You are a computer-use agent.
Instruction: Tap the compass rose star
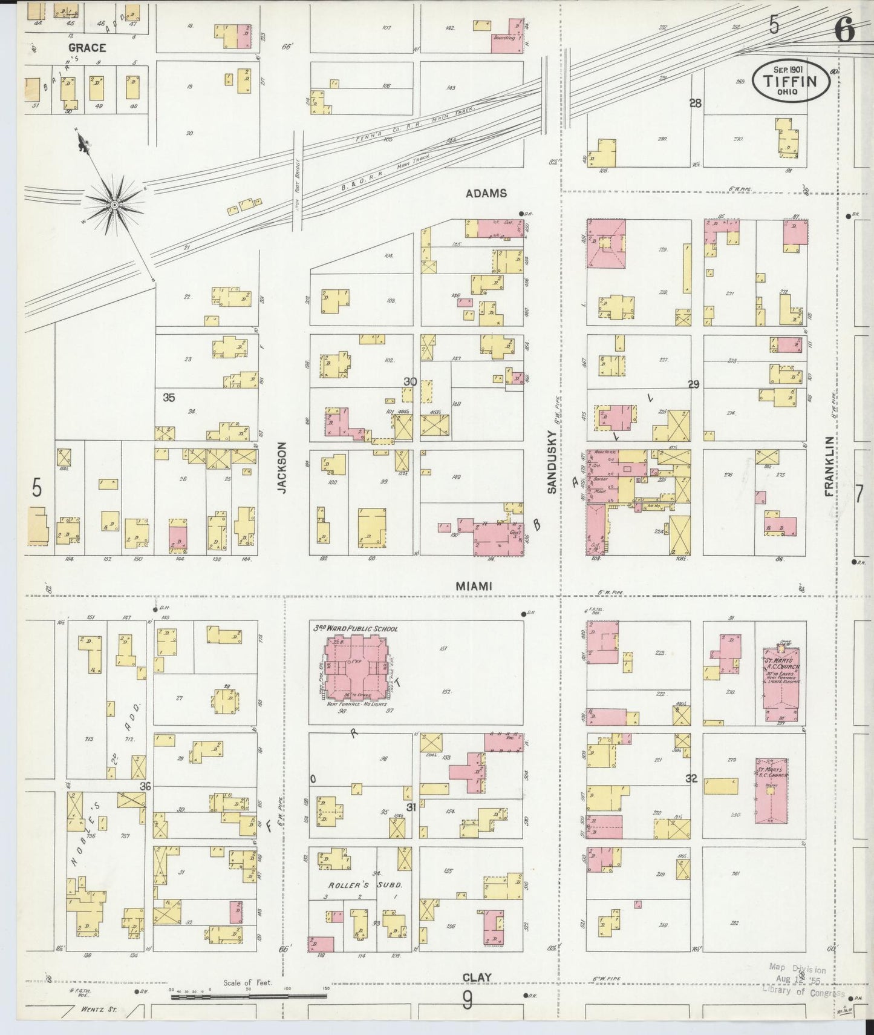pyautogui.click(x=114, y=206)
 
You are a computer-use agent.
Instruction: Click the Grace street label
pyautogui.click(x=87, y=48)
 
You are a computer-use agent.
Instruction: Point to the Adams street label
pyautogui.click(x=486, y=194)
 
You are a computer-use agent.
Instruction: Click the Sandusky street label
pyautogui.click(x=551, y=462)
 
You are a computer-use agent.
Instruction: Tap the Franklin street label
pyautogui.click(x=829, y=467)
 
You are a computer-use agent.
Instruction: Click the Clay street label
pyautogui.click(x=477, y=977)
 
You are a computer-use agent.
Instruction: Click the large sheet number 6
pyautogui.click(x=844, y=30)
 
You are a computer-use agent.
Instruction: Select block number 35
pyautogui.click(x=168, y=398)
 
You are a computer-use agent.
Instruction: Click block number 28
pyautogui.click(x=695, y=103)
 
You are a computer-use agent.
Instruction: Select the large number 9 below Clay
pyautogui.click(x=468, y=1000)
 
